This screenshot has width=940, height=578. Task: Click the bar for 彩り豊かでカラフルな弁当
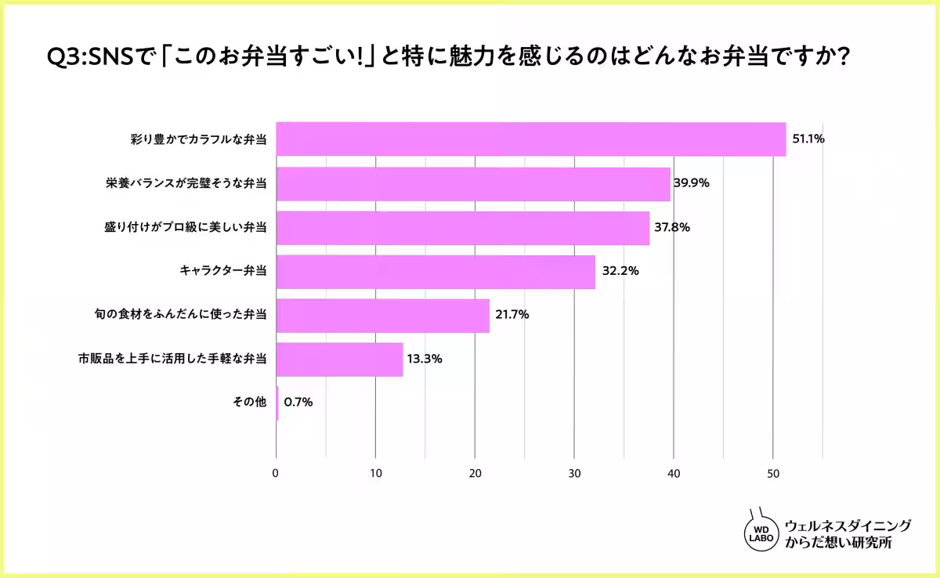530,139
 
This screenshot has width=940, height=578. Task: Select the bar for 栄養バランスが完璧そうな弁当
473,183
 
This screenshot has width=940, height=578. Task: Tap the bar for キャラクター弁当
436,272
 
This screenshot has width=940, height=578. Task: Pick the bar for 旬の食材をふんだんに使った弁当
382,316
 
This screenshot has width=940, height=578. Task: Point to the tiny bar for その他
277,403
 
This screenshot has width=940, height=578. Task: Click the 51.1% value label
808,139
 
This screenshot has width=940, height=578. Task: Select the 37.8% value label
672,228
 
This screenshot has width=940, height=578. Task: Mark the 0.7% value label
298,403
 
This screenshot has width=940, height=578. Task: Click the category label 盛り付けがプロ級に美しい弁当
185,228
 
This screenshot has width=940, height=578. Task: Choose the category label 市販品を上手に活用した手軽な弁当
172,359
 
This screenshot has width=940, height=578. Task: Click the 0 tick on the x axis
276,474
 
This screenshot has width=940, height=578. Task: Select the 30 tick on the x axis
574,474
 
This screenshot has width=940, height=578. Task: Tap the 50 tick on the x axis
773,474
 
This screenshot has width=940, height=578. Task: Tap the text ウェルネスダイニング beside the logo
848,526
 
